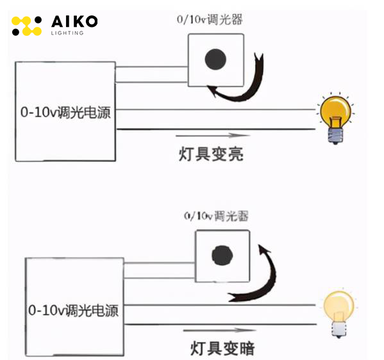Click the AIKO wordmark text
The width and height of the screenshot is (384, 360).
pos(74,21)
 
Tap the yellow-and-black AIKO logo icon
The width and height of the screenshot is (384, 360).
pos(26,26)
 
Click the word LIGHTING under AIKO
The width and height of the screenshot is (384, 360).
pos(67,33)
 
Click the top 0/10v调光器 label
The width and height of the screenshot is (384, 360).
pos(210,20)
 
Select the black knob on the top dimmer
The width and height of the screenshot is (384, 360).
pos(215,60)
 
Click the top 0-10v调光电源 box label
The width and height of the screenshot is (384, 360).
pos(65,112)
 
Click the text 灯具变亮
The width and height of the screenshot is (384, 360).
pos(211,154)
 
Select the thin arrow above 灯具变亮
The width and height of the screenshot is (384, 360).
pos(213,135)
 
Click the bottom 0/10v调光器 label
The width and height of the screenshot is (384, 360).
pos(216,216)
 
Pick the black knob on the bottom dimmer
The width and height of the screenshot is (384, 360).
pos(222,256)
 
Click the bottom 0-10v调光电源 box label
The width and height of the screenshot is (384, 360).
pos(74,310)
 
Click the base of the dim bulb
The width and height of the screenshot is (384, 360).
pos(339,329)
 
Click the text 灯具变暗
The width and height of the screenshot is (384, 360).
pos(222,348)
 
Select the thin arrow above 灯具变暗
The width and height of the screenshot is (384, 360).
pos(220,331)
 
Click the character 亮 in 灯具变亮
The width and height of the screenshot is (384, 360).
pos(235,154)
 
